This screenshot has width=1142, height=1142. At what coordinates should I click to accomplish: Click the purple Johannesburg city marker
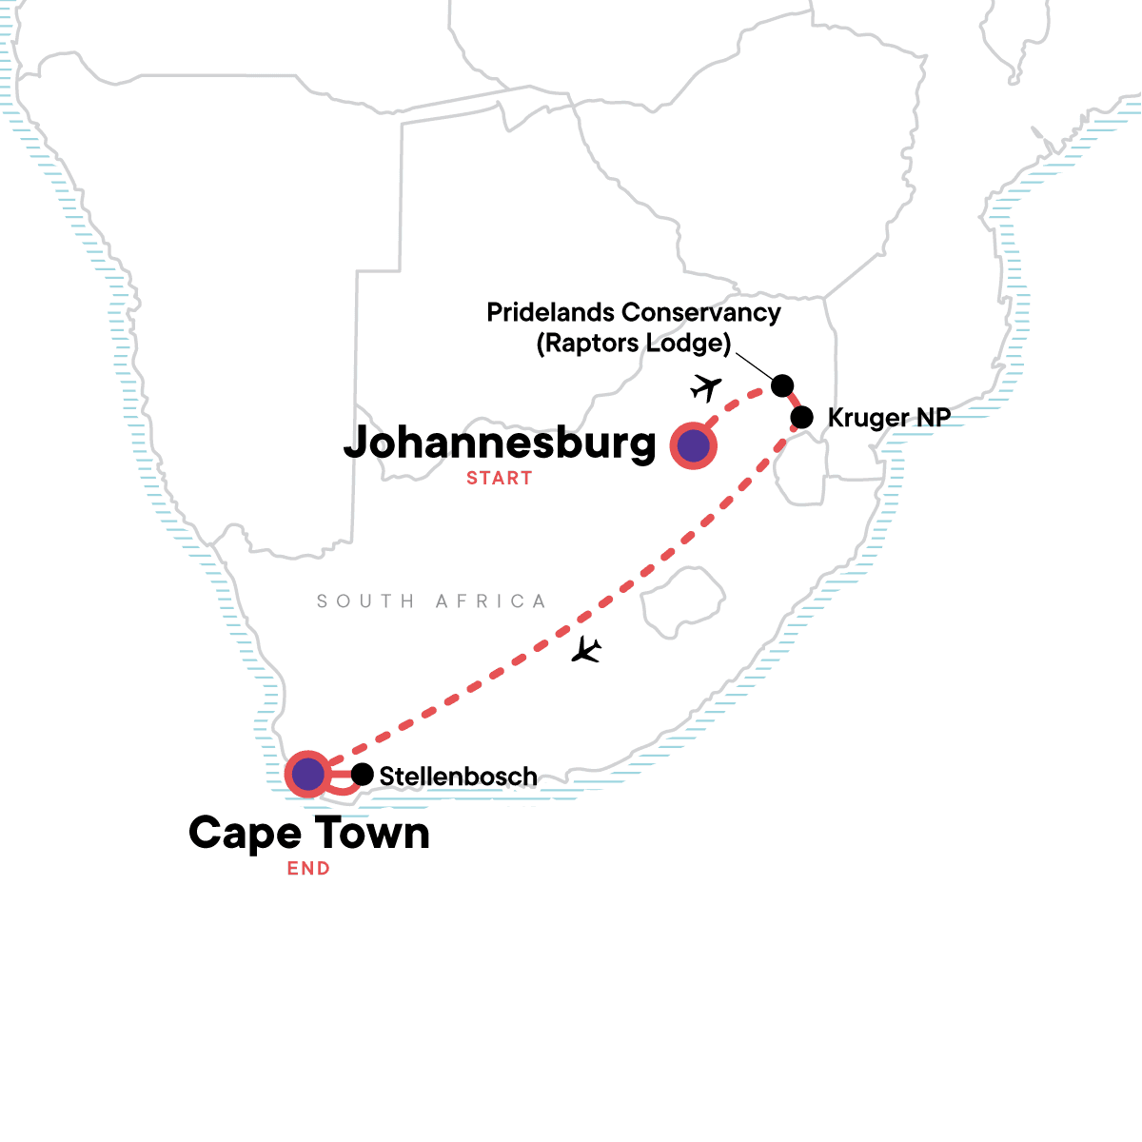693,445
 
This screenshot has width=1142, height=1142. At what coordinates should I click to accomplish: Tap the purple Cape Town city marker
308,774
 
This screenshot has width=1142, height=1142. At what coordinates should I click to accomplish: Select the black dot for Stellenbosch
362,775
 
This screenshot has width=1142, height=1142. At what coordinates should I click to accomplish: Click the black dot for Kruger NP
802,417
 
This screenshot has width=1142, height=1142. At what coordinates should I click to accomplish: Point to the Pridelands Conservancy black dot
781,384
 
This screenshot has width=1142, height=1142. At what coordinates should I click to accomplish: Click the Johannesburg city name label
500,443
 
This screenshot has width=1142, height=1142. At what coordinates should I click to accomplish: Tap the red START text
499,479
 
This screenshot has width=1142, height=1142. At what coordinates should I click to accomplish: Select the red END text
308,869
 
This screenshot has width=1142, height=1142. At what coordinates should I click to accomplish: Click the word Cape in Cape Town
245,834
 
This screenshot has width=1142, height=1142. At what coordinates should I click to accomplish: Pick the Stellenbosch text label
458,777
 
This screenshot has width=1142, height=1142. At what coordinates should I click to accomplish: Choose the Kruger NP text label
888,417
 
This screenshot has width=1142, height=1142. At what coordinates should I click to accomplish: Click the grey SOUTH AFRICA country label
431,601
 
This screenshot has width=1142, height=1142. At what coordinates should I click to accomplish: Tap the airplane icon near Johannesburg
705,387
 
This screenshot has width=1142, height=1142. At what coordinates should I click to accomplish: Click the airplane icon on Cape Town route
586,650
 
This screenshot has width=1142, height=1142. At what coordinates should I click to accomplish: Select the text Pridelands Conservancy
633,312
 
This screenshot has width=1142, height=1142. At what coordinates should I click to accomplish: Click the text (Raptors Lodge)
633,343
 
